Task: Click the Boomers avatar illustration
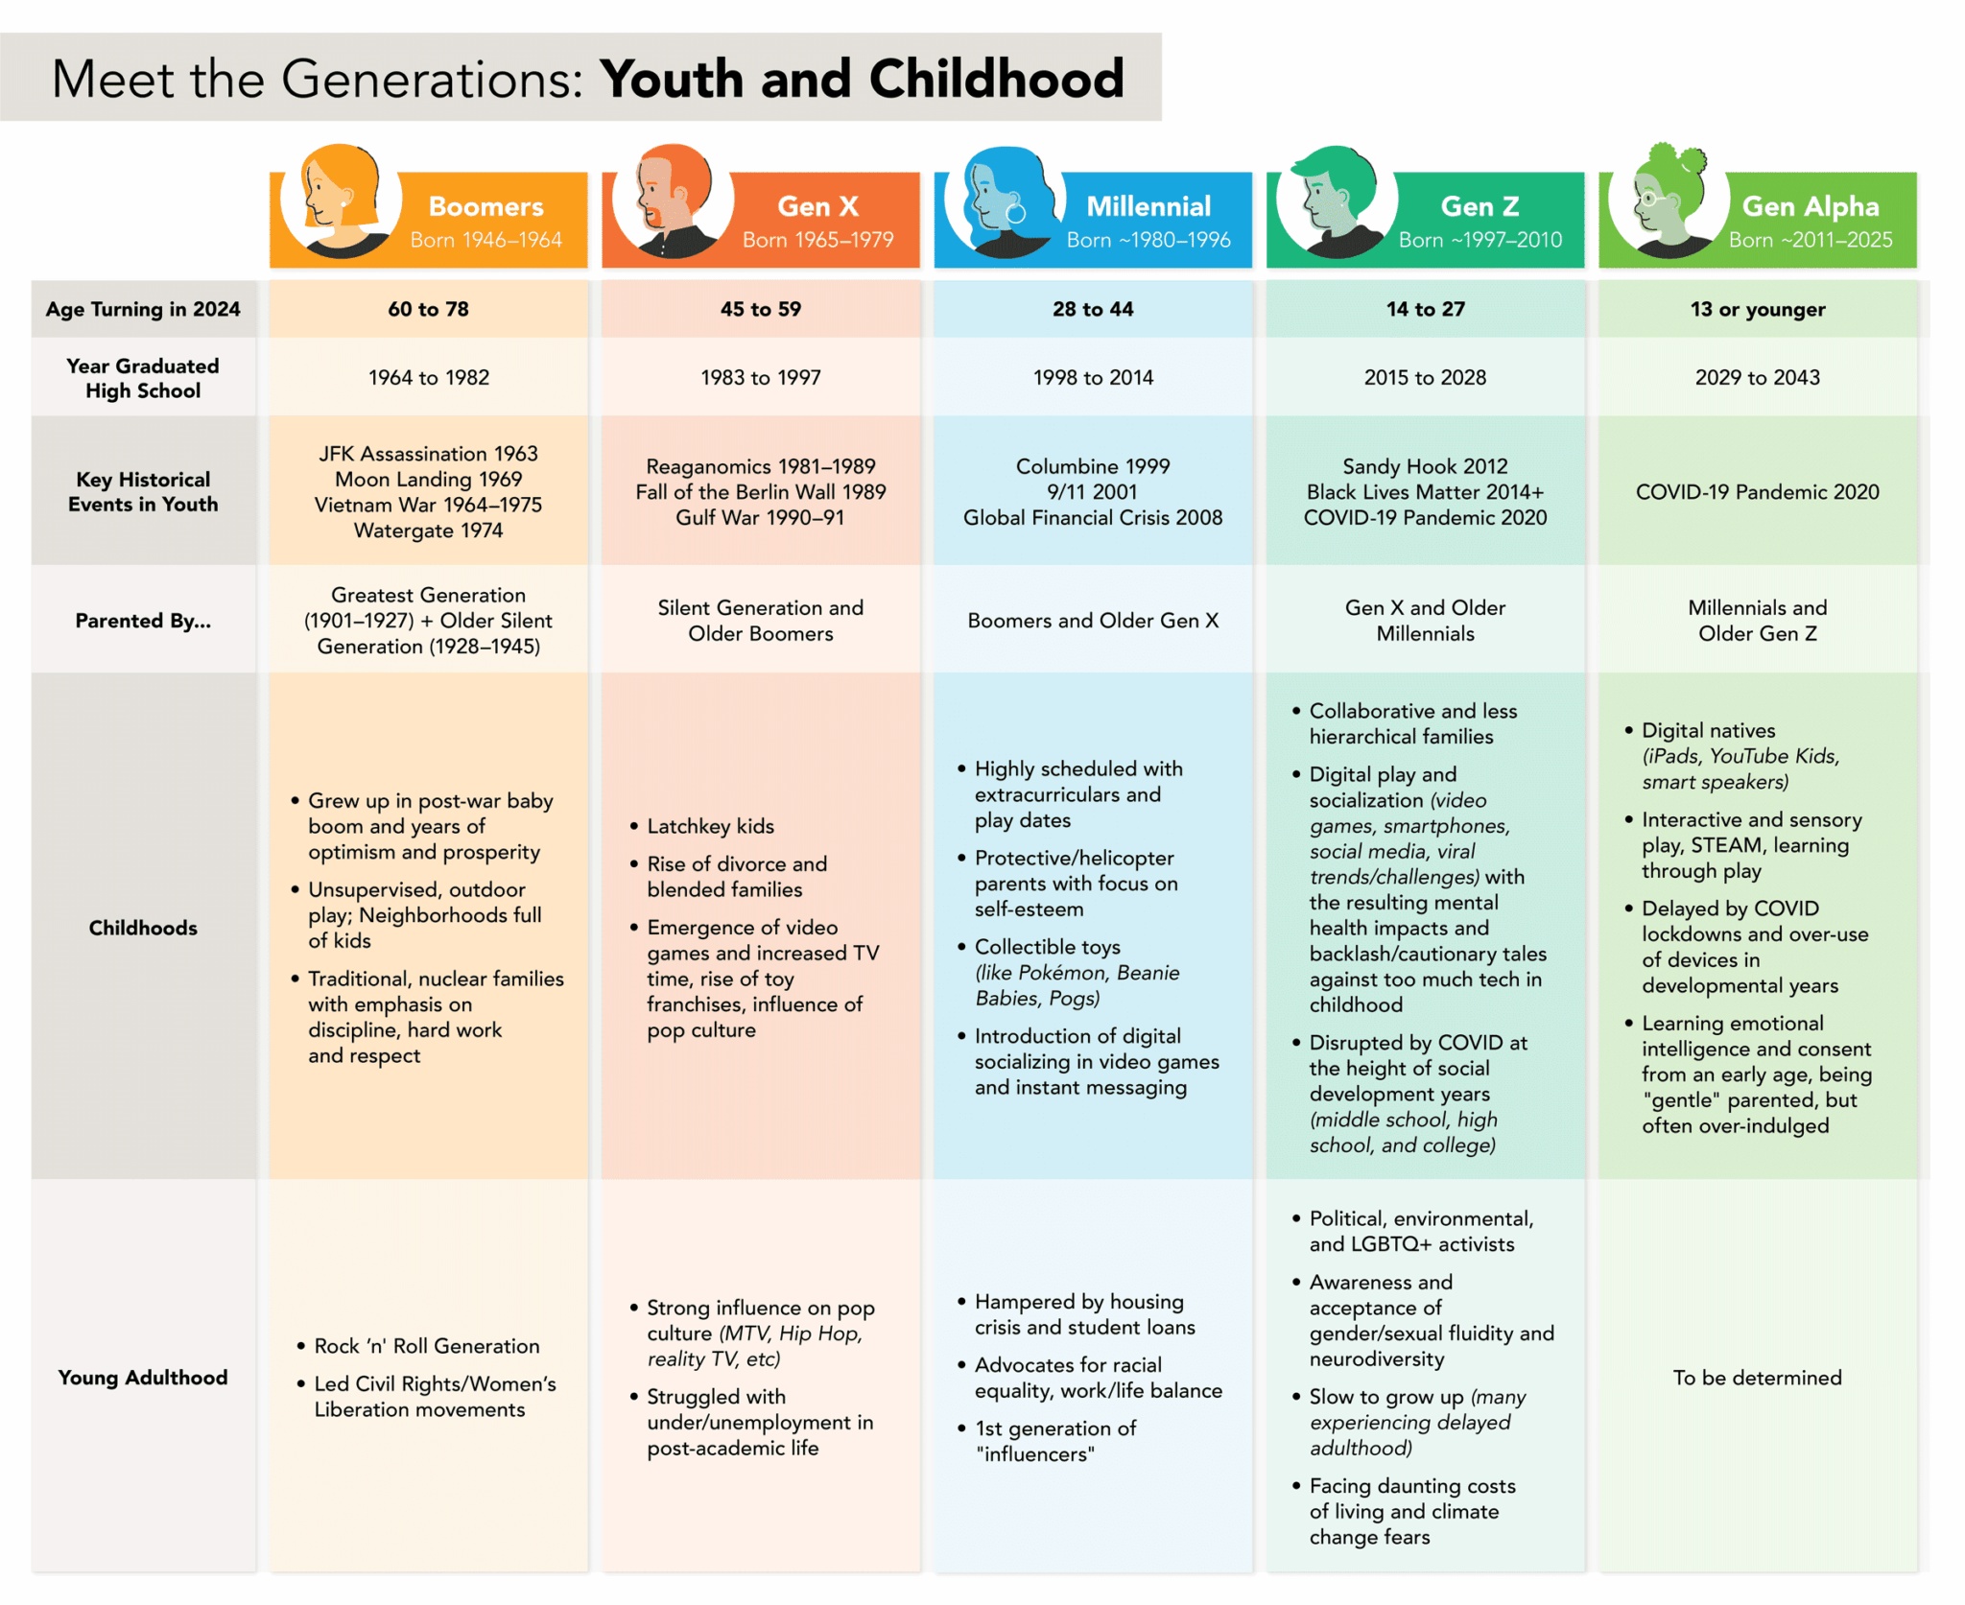pos(340,201)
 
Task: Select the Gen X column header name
pos(817,206)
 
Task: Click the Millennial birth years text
pos(1148,240)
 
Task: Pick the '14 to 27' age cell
pos(1425,309)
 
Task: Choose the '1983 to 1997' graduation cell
pos(760,377)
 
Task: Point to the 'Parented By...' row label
pos(143,621)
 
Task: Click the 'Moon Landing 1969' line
pos(428,479)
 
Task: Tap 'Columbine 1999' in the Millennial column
pos(1092,466)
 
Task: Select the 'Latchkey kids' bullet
pos(710,826)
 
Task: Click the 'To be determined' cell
pos(1757,1378)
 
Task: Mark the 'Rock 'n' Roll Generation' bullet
pos(426,1346)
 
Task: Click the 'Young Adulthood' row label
pos(143,1378)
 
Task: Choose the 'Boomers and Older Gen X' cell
pos(1092,621)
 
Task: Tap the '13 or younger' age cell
pos(1757,309)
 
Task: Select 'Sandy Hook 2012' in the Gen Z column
pos(1425,466)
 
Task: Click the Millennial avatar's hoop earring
pos(1016,213)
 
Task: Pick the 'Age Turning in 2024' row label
pos(143,309)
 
